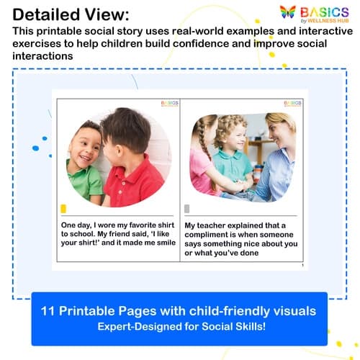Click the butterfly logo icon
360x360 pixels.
[287, 13]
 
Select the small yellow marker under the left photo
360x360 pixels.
[63, 209]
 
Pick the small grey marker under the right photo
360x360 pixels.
[187, 209]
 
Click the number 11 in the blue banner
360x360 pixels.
[51, 311]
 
